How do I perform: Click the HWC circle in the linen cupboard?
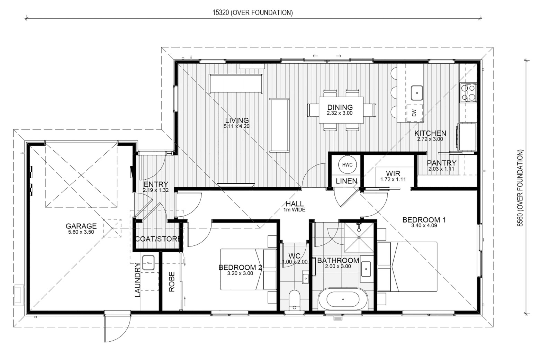click(x=347, y=165)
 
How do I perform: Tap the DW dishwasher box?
click(x=415, y=113)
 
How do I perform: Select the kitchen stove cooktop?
click(x=468, y=92)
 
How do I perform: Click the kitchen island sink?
click(x=417, y=93)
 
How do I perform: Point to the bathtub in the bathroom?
click(x=343, y=299)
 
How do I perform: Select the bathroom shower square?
click(x=359, y=237)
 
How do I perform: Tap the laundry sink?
click(x=148, y=263)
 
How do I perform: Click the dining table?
click(x=341, y=110)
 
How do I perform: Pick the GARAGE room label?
click(x=81, y=226)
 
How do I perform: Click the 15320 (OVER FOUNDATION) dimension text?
click(x=252, y=12)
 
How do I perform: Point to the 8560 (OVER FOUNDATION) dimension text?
click(x=521, y=188)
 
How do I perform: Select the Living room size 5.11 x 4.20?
click(x=236, y=126)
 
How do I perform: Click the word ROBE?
click(x=171, y=282)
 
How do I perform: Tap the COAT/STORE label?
click(x=158, y=239)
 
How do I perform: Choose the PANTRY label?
click(x=441, y=163)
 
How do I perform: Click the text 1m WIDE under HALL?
click(x=294, y=210)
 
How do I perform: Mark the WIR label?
click(x=393, y=173)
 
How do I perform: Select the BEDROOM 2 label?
click(x=240, y=267)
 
